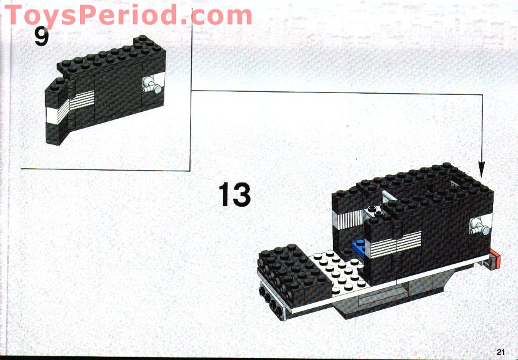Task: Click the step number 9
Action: pos(41,37)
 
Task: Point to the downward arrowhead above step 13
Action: pos(482,168)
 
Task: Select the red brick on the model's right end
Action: pos(496,259)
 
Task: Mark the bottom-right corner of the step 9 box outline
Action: pos(190,169)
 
